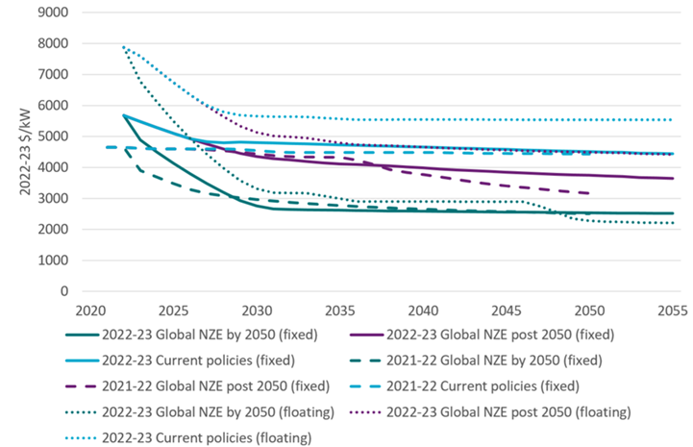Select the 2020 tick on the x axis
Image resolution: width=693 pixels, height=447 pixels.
89,310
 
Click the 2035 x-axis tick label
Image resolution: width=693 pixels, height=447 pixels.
339,310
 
